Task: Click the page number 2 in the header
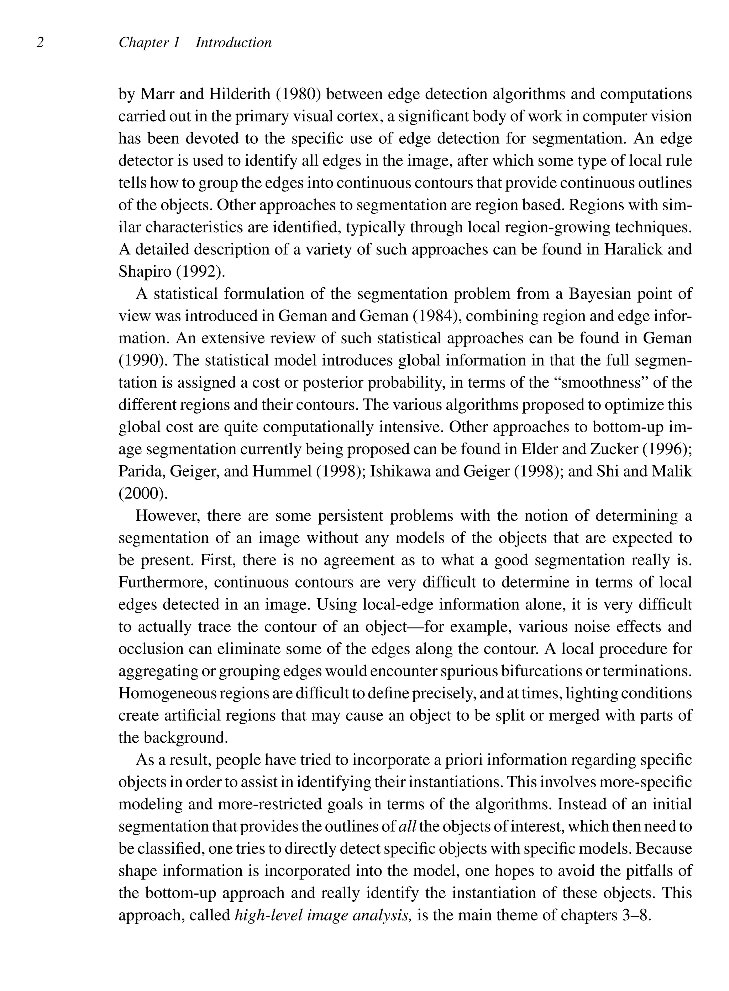pos(40,43)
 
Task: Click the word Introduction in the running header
pos(234,43)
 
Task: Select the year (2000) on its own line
pos(143,493)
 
